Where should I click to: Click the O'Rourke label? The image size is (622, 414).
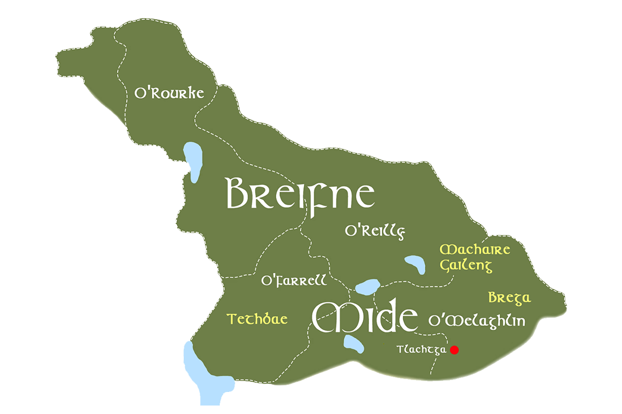point(169,93)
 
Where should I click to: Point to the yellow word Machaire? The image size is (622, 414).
point(475,249)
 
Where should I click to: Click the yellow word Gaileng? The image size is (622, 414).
point(467,265)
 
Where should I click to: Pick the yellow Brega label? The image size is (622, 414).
point(509,298)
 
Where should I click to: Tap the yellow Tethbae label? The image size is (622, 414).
point(257,320)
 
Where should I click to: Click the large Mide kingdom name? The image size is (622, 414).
point(365,318)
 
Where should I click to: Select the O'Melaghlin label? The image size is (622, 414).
point(477,321)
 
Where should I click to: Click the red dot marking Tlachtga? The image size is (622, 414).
point(454,350)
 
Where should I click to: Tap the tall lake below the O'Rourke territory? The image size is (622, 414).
point(194,161)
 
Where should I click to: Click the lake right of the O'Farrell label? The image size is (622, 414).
point(367,287)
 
